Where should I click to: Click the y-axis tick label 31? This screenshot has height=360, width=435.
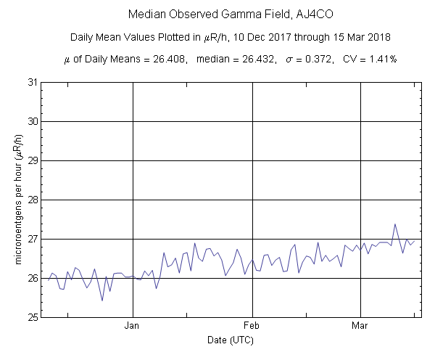click(x=33, y=82)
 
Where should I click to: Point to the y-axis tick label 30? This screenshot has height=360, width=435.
click(x=33, y=121)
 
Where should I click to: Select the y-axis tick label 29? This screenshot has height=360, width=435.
click(x=33, y=160)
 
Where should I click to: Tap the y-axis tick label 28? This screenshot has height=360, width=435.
click(x=33, y=200)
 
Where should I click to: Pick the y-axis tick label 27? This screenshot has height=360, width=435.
click(x=33, y=239)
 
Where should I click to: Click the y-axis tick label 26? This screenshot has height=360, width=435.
click(x=33, y=278)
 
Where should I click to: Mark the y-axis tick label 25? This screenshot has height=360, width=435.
click(x=33, y=317)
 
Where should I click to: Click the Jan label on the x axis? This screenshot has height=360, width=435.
click(x=133, y=326)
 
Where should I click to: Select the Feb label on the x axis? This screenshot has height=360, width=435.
click(x=252, y=326)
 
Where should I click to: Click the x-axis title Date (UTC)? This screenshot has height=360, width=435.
click(x=230, y=340)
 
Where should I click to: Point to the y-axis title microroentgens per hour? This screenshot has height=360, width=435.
click(x=16, y=200)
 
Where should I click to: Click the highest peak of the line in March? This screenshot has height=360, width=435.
click(x=395, y=224)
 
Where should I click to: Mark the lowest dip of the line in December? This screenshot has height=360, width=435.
click(x=102, y=300)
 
